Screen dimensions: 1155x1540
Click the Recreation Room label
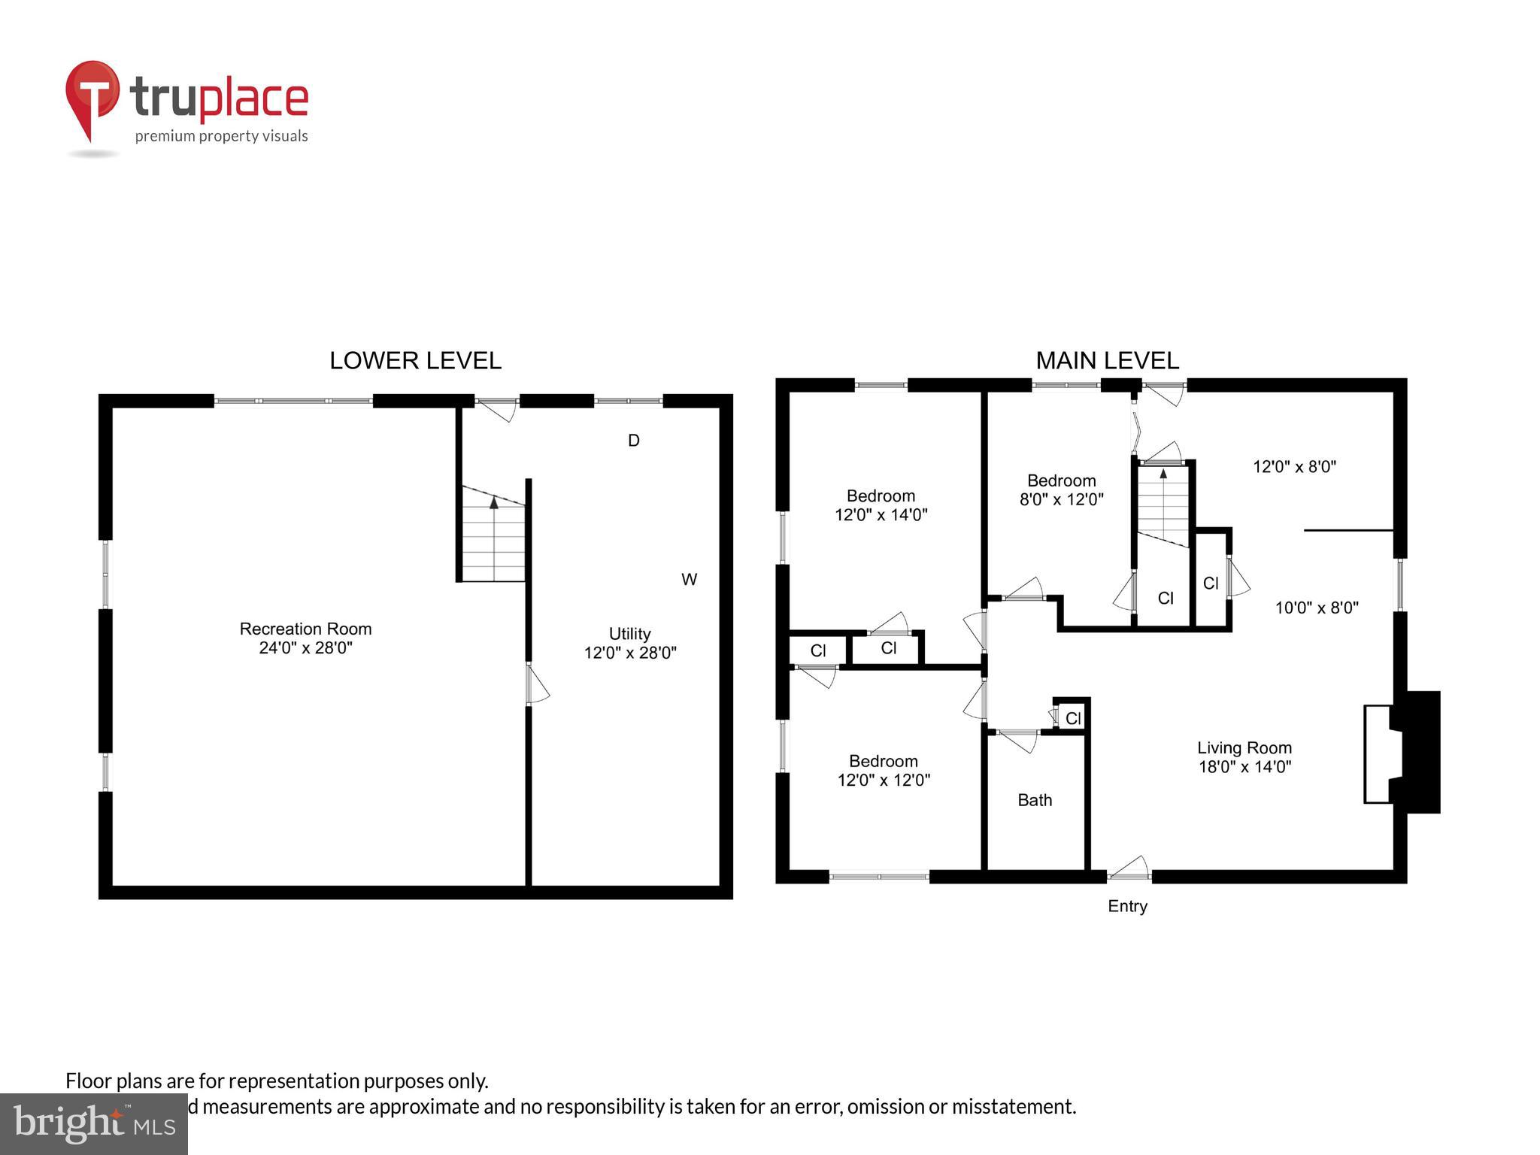coord(305,638)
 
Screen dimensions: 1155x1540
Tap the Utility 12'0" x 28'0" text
coord(630,644)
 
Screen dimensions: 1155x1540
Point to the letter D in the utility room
coord(634,441)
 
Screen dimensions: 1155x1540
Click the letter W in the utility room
coord(689,580)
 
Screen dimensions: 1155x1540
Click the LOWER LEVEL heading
coord(415,361)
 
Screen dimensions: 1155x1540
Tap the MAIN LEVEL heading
coord(1107,361)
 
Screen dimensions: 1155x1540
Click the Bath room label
coord(1035,800)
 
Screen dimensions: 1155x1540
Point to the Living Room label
coord(1244,757)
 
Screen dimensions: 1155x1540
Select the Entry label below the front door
coord(1127,906)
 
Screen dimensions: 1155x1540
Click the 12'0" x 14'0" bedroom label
coord(881,505)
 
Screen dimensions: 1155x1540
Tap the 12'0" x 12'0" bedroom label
coord(884,771)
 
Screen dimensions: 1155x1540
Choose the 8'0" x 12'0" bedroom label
coord(1061,490)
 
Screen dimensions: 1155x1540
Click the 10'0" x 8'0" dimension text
coord(1317,608)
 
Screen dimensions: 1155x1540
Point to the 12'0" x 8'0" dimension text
coord(1294,466)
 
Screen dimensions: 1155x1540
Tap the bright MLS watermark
coord(94,1123)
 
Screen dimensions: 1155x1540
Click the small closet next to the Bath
coord(1073,718)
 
